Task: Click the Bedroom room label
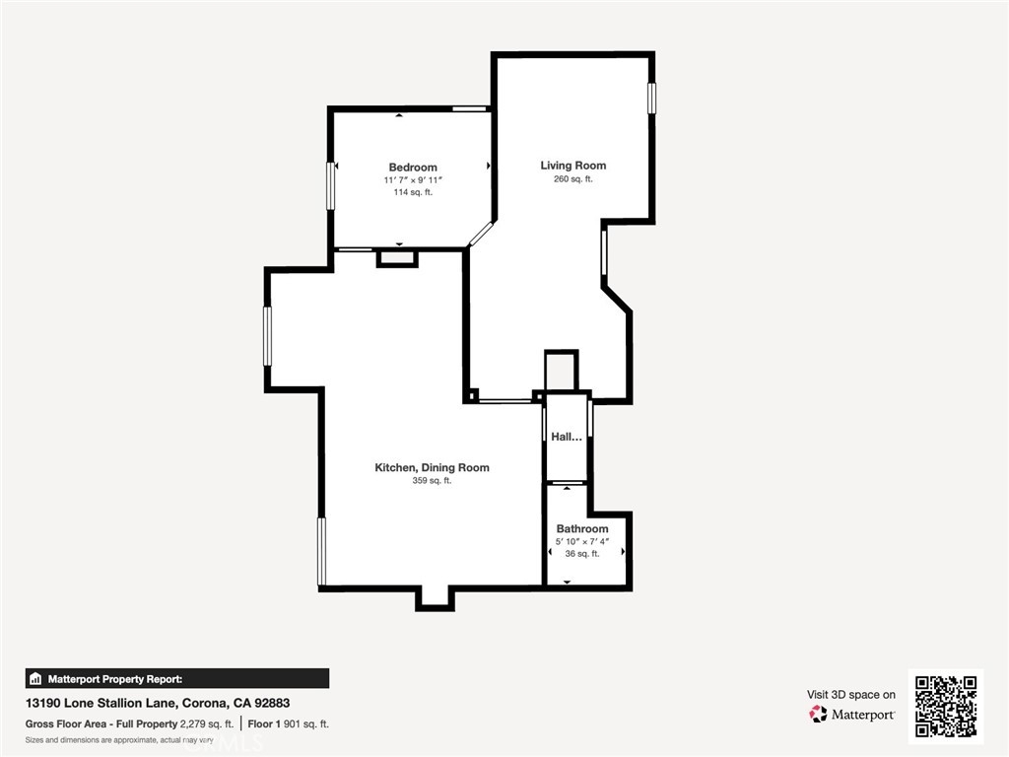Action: click(413, 168)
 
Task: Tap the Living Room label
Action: click(572, 166)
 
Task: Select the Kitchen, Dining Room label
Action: click(432, 468)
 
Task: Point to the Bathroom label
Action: click(581, 528)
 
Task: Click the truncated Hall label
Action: click(567, 437)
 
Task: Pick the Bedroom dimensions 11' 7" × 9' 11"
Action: click(413, 180)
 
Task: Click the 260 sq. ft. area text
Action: click(572, 179)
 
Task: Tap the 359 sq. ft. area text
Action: click(432, 480)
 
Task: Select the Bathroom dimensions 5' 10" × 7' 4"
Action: click(581, 541)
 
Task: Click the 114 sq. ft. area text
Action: click(413, 192)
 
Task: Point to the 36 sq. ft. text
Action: click(581, 554)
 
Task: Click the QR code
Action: click(946, 706)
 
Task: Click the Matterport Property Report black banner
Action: click(177, 678)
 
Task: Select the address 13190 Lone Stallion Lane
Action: click(100, 703)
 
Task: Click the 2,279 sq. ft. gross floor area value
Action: click(207, 724)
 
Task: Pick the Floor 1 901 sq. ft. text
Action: click(289, 724)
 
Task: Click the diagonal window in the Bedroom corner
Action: click(481, 235)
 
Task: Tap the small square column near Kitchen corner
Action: click(473, 395)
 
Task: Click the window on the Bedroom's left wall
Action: click(331, 185)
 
